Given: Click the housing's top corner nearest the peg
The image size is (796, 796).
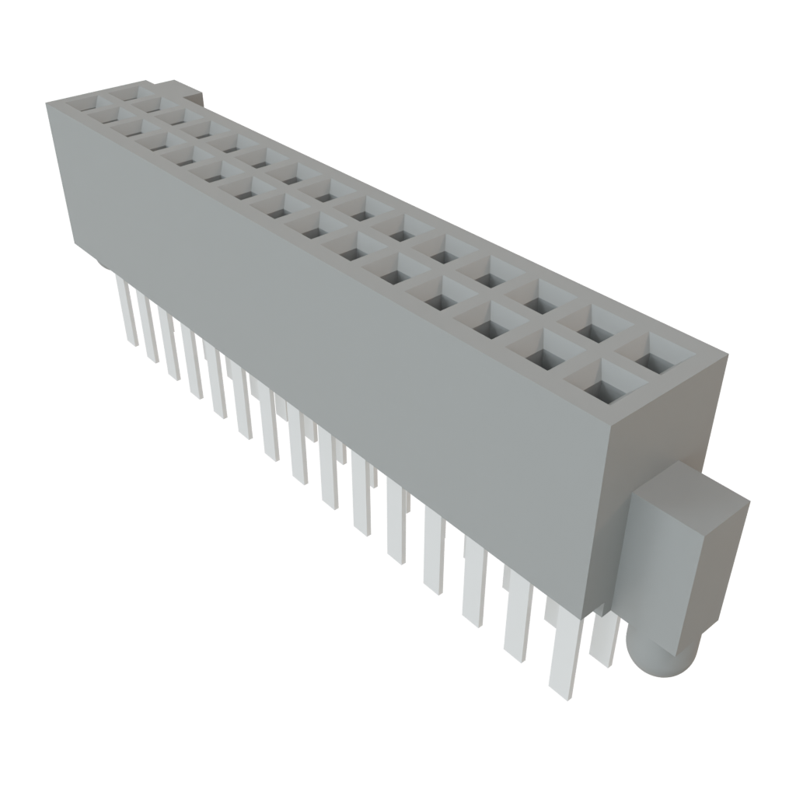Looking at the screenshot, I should coord(727,354).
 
